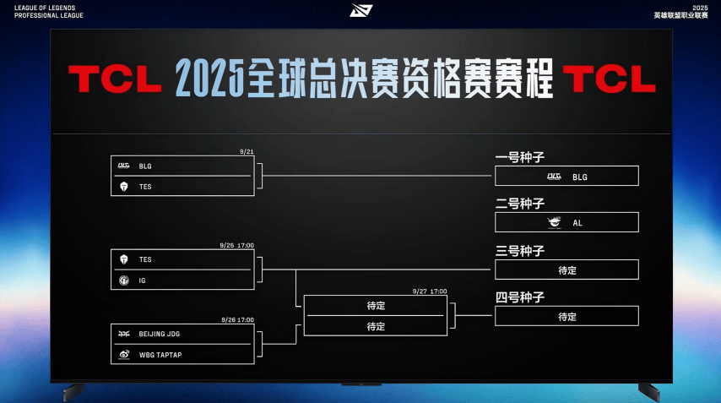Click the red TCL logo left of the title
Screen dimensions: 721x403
pyautogui.click(x=115, y=79)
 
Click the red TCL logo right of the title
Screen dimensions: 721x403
pyautogui.click(x=610, y=79)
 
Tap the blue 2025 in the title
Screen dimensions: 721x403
pyautogui.click(x=209, y=79)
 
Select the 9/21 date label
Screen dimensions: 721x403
pyautogui.click(x=247, y=151)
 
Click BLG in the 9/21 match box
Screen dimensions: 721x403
pyautogui.click(x=145, y=166)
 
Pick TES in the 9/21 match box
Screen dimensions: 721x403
pyautogui.click(x=145, y=187)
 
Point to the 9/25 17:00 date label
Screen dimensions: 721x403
pyautogui.click(x=236, y=245)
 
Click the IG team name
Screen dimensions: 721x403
pyautogui.click(x=142, y=280)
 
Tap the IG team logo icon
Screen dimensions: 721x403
pyautogui.click(x=124, y=280)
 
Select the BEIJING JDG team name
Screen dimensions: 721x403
pyautogui.click(x=159, y=334)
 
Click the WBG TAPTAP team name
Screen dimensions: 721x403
pyautogui.click(x=160, y=355)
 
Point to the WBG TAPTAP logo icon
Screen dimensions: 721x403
pyautogui.click(x=124, y=355)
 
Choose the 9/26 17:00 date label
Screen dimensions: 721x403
pyautogui.click(x=238, y=319)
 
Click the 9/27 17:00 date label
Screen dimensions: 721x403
pyautogui.click(x=430, y=291)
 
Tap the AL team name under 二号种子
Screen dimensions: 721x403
pyautogui.click(x=577, y=223)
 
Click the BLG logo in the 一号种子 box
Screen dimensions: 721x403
pyautogui.click(x=554, y=177)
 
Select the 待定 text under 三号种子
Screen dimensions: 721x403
pyautogui.click(x=567, y=270)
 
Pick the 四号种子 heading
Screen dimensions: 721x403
pyautogui.click(x=519, y=297)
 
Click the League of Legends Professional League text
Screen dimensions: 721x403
pyautogui.click(x=49, y=12)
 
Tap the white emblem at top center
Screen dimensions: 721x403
pyautogui.click(x=361, y=10)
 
